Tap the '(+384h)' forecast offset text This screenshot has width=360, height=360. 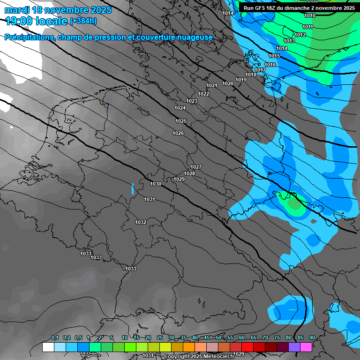(83, 21)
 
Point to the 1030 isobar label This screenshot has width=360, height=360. (156, 184)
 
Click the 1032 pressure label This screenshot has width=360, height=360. (141, 222)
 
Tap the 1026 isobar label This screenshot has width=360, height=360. (178, 134)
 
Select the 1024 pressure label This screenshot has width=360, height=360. (180, 108)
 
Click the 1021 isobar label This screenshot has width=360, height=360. (212, 85)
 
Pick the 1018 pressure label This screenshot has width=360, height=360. (251, 75)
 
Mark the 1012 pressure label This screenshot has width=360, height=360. (300, 35)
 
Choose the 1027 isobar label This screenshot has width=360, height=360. (196, 167)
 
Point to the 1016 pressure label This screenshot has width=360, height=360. (270, 65)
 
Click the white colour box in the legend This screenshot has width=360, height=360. (48, 347)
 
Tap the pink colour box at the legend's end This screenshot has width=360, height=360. (306, 347)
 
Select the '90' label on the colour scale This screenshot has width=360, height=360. (312, 338)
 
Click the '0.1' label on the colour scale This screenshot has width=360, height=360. (55, 338)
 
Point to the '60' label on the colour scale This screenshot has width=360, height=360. (242, 338)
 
